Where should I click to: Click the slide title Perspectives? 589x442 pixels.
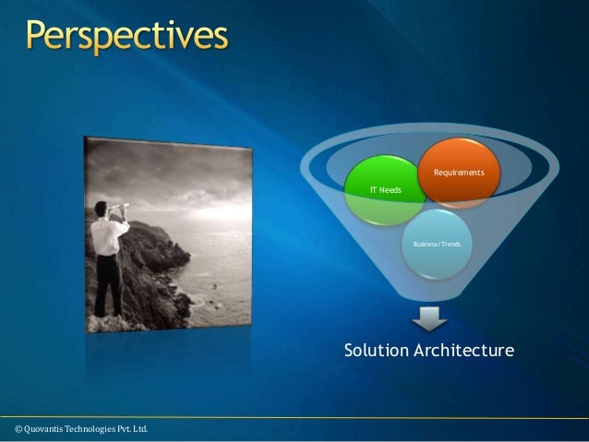coord(126,38)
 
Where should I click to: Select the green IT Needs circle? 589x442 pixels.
coord(385,193)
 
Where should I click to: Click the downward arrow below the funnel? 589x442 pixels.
coord(429,319)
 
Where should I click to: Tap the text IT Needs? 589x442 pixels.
coord(385,189)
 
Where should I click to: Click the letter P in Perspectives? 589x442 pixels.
coord(39,38)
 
